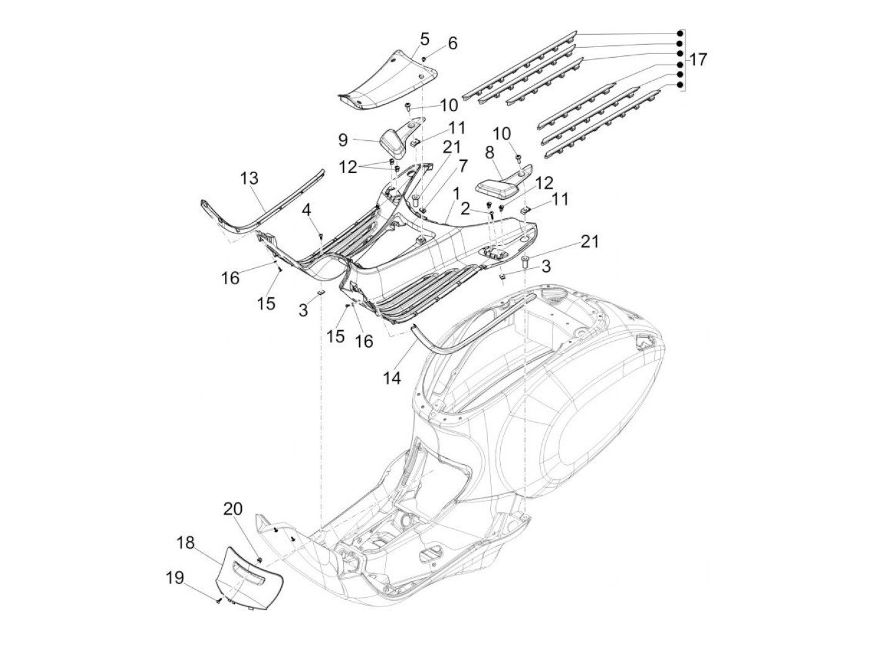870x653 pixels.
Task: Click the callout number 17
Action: (697, 60)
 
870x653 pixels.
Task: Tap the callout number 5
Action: (424, 39)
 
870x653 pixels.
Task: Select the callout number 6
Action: (452, 43)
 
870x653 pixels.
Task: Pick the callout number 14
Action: (393, 377)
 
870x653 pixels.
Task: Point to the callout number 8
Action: (489, 152)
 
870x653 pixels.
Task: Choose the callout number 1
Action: (456, 194)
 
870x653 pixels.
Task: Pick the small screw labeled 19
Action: (219, 600)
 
